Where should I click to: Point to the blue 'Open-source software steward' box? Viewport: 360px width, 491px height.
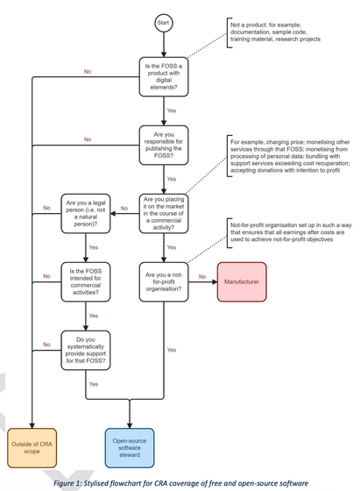click(x=131, y=443)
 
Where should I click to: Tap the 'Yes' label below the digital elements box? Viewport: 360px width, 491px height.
click(x=170, y=111)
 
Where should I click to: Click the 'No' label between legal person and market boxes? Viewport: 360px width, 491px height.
click(x=124, y=207)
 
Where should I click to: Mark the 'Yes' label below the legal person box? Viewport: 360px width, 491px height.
click(x=94, y=247)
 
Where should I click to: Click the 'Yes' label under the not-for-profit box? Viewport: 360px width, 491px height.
click(x=170, y=316)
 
